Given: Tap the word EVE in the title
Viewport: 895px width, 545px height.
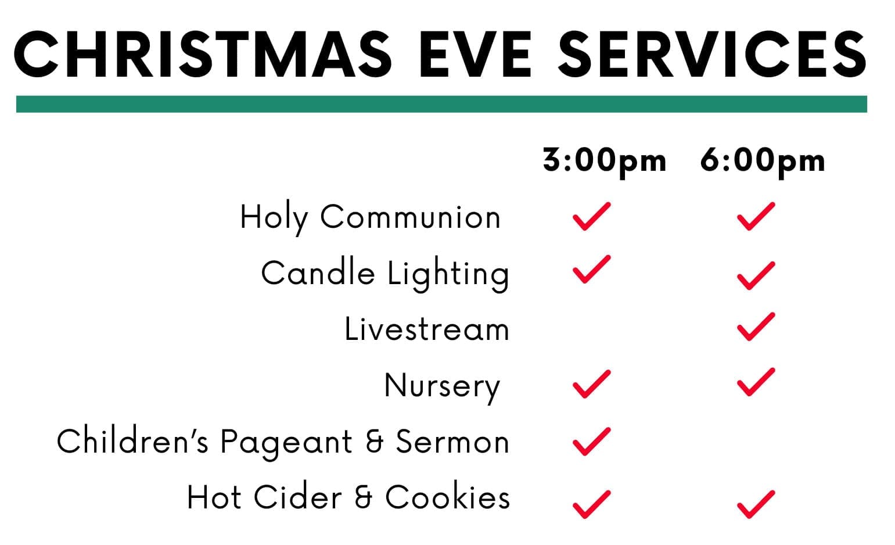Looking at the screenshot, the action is pos(476,54).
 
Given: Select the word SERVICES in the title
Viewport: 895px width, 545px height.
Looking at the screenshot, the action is pos(712,54).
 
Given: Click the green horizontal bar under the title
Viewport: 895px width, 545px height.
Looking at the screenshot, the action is pos(441,104).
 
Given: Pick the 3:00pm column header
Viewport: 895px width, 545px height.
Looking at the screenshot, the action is pos(605,161).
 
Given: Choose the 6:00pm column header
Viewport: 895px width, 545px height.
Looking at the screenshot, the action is pos(763,161).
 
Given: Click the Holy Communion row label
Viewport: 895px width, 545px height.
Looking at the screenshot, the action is pos(370,218).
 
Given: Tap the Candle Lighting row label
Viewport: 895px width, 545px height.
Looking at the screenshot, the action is pos(385,274).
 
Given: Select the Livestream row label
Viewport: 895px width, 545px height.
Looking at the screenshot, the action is pos(427,329).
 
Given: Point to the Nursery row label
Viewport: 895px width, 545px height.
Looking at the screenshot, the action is pos(443,386).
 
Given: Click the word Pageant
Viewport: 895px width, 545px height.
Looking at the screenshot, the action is pos(286,443).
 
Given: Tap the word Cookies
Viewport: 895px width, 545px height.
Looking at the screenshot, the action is pos(447,497).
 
